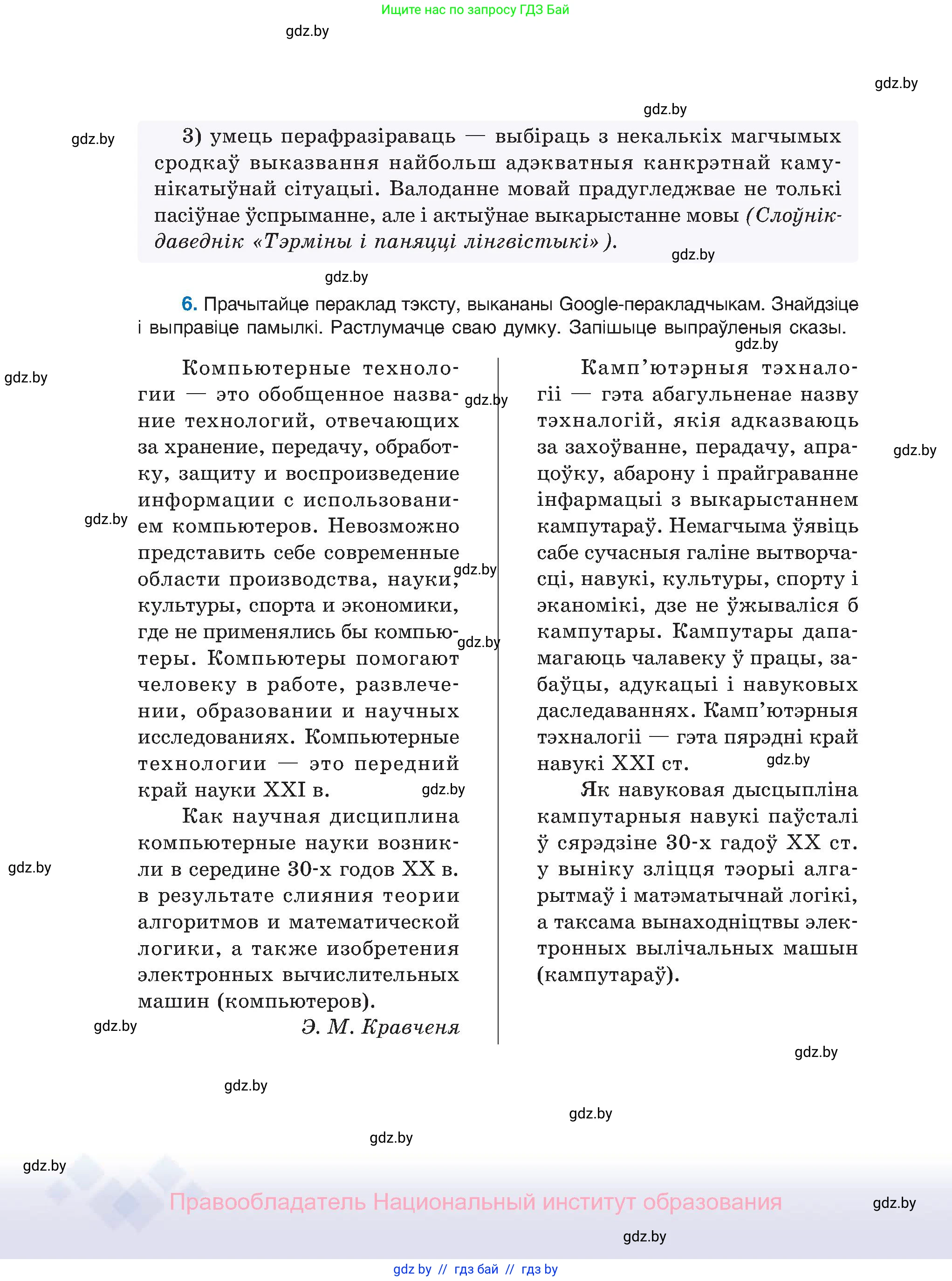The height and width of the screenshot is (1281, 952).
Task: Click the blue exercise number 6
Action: pos(189,304)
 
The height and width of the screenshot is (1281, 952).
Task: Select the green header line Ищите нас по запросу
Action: pos(475,9)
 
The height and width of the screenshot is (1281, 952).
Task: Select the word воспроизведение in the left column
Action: pos(372,473)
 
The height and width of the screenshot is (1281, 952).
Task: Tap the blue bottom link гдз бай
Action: pos(476,1269)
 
